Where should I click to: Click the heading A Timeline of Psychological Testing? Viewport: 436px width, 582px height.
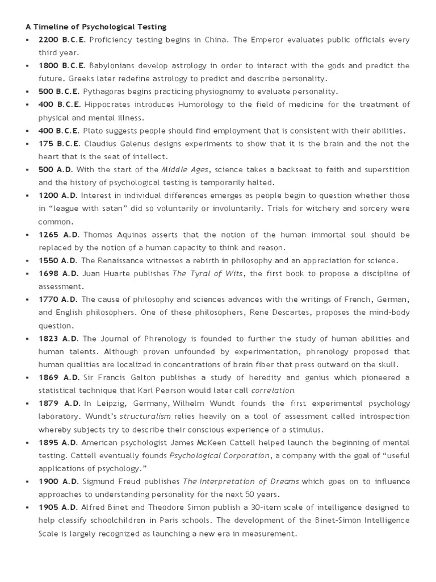click(x=95, y=26)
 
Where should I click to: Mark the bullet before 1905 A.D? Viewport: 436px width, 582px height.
click(x=27, y=508)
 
